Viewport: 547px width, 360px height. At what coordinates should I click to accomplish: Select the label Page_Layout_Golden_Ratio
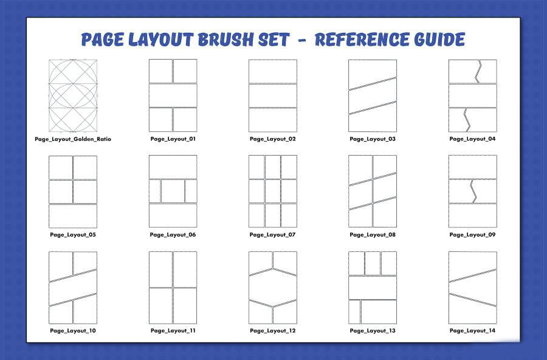click(73, 139)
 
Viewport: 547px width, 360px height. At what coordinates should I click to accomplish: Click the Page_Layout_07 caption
click(272, 235)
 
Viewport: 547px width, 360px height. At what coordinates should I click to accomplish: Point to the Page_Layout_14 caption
click(472, 331)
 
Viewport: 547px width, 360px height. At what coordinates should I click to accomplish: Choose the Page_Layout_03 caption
click(373, 139)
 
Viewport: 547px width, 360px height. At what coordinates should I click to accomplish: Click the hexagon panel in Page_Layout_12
click(273, 287)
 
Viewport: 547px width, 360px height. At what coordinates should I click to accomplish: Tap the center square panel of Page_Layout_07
click(273, 191)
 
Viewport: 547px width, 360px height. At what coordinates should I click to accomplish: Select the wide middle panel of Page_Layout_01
click(173, 95)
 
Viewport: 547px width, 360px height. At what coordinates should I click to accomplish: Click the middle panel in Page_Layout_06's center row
click(173, 191)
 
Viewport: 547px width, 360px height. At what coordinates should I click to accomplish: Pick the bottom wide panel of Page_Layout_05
click(73, 216)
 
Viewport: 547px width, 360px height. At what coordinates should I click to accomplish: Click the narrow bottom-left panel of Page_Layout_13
click(354, 312)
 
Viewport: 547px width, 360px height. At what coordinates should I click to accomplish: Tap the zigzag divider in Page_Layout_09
click(473, 192)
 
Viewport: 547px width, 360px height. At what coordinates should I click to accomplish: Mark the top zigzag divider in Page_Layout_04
click(478, 72)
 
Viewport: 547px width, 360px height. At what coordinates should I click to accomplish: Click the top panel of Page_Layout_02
click(273, 71)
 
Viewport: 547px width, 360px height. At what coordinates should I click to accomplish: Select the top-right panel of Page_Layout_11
click(185, 269)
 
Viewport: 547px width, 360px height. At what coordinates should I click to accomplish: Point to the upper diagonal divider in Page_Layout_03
click(373, 84)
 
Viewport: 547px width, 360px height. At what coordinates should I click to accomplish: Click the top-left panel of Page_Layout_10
click(60, 265)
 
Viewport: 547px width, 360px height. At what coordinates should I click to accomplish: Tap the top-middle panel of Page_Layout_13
click(373, 263)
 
